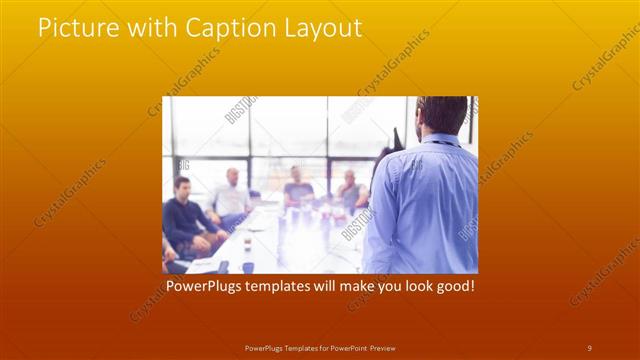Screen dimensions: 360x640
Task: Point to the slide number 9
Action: pos(590,347)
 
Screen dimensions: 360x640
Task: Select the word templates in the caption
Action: pos(283,286)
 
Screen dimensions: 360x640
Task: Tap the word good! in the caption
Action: pos(452,286)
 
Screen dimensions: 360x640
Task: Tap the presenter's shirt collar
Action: pos(440,139)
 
